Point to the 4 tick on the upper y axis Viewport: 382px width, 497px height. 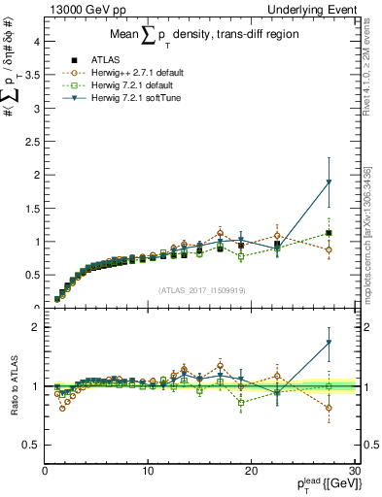[x=38, y=42]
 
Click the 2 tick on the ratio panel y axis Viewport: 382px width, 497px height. [x=38, y=327]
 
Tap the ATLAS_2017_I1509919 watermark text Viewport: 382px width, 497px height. [x=201, y=289]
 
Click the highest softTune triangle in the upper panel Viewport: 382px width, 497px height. [x=329, y=182]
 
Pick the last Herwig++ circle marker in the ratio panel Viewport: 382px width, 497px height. [x=329, y=408]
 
